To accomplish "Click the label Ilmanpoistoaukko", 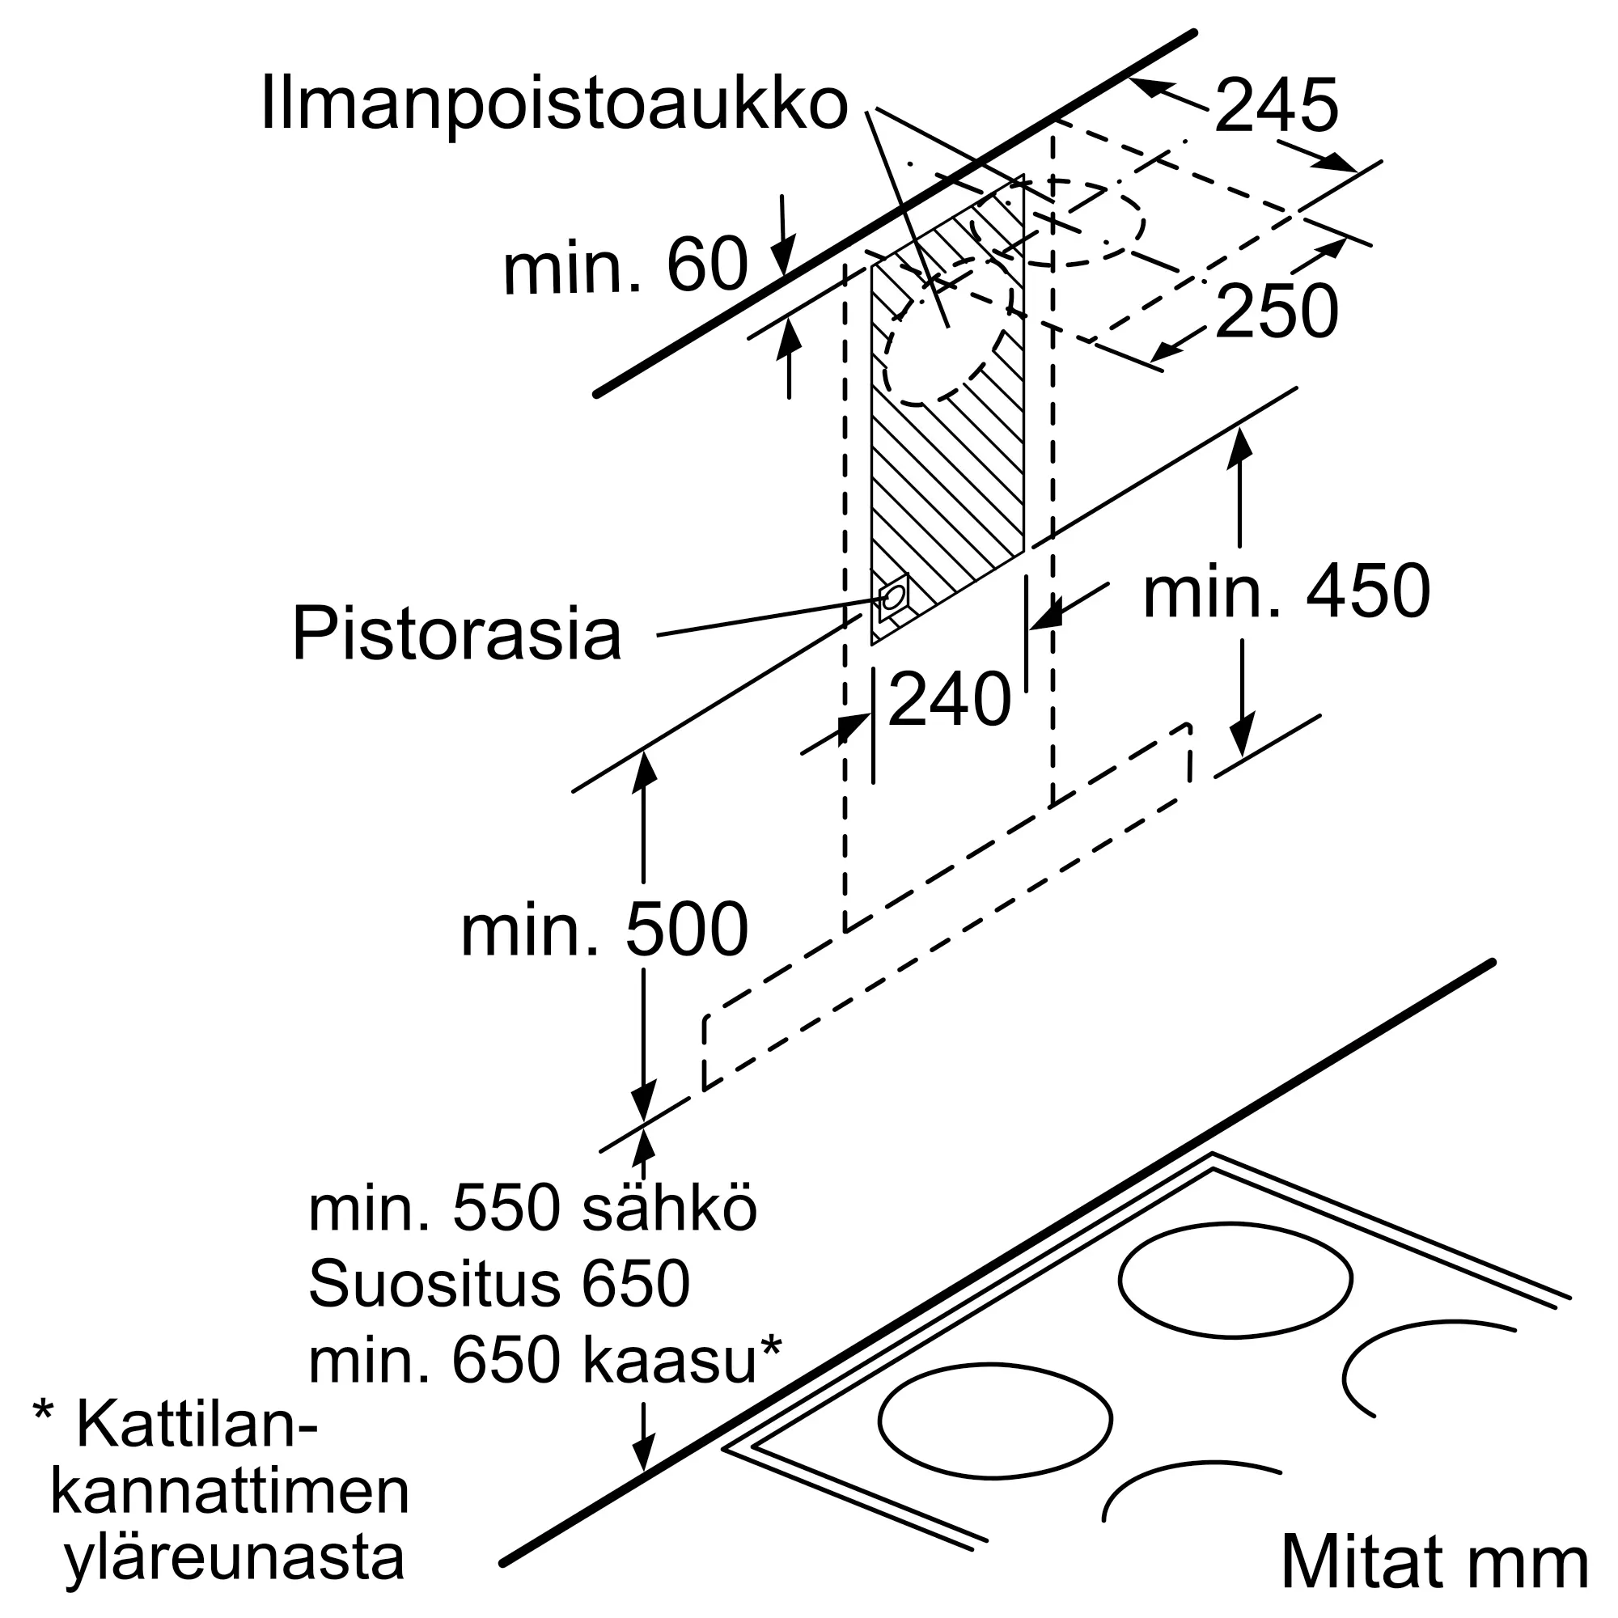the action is (553, 104).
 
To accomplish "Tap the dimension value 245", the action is (1276, 105).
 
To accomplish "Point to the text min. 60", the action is (625, 265).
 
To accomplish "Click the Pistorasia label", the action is (456, 634).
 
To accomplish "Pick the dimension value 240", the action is (949, 698).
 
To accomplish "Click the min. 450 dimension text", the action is (1286, 591).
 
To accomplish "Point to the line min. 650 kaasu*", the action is (545, 1360).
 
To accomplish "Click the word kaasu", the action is (670, 1361).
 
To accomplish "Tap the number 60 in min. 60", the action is (707, 265).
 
